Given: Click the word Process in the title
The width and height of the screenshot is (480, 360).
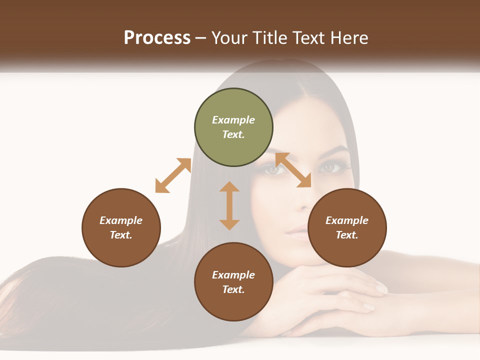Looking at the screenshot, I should [x=157, y=38].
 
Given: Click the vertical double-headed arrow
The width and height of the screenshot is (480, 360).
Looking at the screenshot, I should [x=229, y=205].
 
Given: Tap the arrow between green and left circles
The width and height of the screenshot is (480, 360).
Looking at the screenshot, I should [x=173, y=175].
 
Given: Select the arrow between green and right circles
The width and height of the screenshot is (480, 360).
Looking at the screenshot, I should [x=293, y=170].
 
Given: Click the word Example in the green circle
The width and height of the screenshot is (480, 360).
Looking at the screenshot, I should [x=233, y=120].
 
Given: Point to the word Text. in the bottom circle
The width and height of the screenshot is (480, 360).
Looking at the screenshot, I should [x=233, y=289].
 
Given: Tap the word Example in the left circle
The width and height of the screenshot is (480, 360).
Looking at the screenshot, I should [x=121, y=220].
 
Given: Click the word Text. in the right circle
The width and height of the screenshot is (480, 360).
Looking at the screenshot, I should [x=347, y=235].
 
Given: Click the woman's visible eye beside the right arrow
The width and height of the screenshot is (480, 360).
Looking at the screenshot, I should [x=328, y=167].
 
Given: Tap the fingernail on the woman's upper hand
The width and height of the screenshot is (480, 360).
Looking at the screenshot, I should [x=381, y=288].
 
